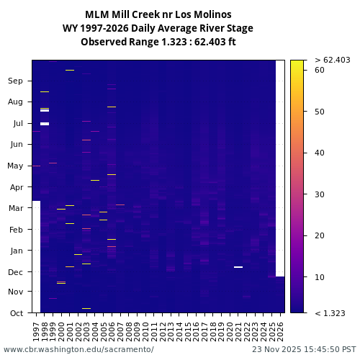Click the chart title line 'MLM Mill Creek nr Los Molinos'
(x=158, y=14)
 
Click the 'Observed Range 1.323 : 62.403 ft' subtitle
(x=158, y=42)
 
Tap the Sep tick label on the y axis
(x=16, y=81)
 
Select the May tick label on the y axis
(x=15, y=166)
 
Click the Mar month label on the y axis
(x=16, y=209)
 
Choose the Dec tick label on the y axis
(x=16, y=272)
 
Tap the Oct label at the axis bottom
(x=16, y=313)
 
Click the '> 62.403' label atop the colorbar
(x=333, y=60)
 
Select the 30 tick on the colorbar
(x=320, y=194)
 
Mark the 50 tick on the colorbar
(x=320, y=112)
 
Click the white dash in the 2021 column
(x=238, y=267)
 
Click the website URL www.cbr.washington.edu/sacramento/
(x=78, y=349)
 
